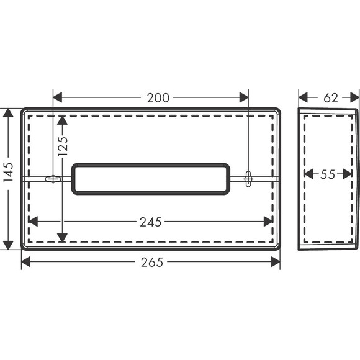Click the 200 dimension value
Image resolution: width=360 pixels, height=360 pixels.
158,98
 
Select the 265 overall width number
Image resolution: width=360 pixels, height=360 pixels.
152,262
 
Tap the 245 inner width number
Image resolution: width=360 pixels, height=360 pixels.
151,222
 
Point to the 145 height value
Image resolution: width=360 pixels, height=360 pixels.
9,172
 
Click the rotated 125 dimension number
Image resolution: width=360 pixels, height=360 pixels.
63,146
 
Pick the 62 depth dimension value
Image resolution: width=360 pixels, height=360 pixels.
331,98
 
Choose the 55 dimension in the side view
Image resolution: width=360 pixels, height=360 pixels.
328,174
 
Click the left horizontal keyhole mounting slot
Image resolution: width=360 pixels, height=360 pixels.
53,179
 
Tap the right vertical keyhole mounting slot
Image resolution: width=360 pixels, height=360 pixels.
248,179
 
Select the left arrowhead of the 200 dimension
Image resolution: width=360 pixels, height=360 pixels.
57,97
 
